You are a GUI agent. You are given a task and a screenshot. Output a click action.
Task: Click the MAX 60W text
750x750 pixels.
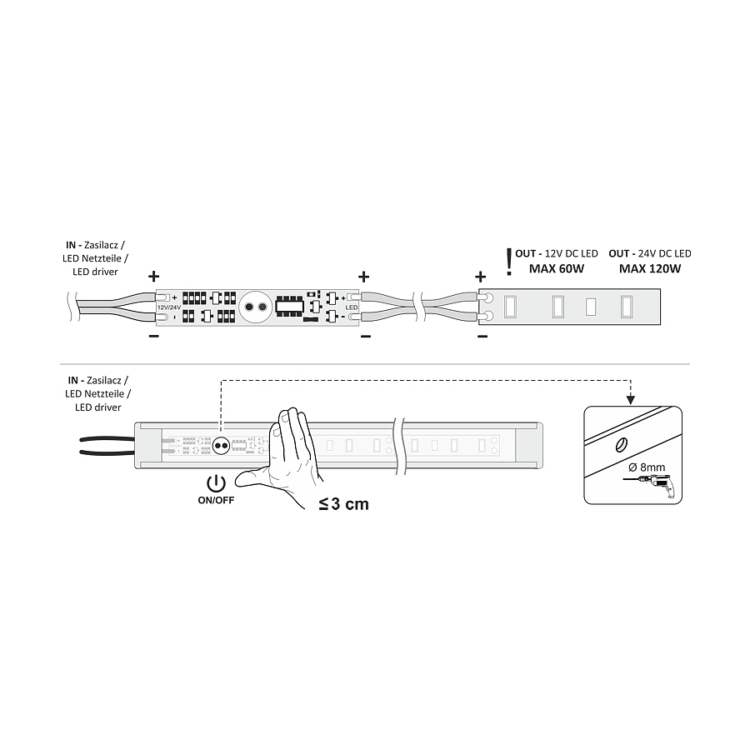pos(557,268)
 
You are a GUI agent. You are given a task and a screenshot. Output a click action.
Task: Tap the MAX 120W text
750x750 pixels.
pos(649,268)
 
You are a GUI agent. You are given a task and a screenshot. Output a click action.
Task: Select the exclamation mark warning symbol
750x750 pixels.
pos(509,262)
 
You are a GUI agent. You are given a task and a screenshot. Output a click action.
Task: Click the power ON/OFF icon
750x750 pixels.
pos(216,483)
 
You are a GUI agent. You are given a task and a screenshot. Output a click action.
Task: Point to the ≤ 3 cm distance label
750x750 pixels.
pos(344,504)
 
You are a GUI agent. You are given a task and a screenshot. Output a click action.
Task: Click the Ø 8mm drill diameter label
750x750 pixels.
pos(647,467)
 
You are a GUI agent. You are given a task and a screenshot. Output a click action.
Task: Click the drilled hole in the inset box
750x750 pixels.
pos(622,445)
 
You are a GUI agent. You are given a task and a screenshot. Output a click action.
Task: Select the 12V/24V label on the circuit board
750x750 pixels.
pos(169,307)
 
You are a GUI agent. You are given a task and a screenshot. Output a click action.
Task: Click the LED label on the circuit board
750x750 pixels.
pos(352,307)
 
